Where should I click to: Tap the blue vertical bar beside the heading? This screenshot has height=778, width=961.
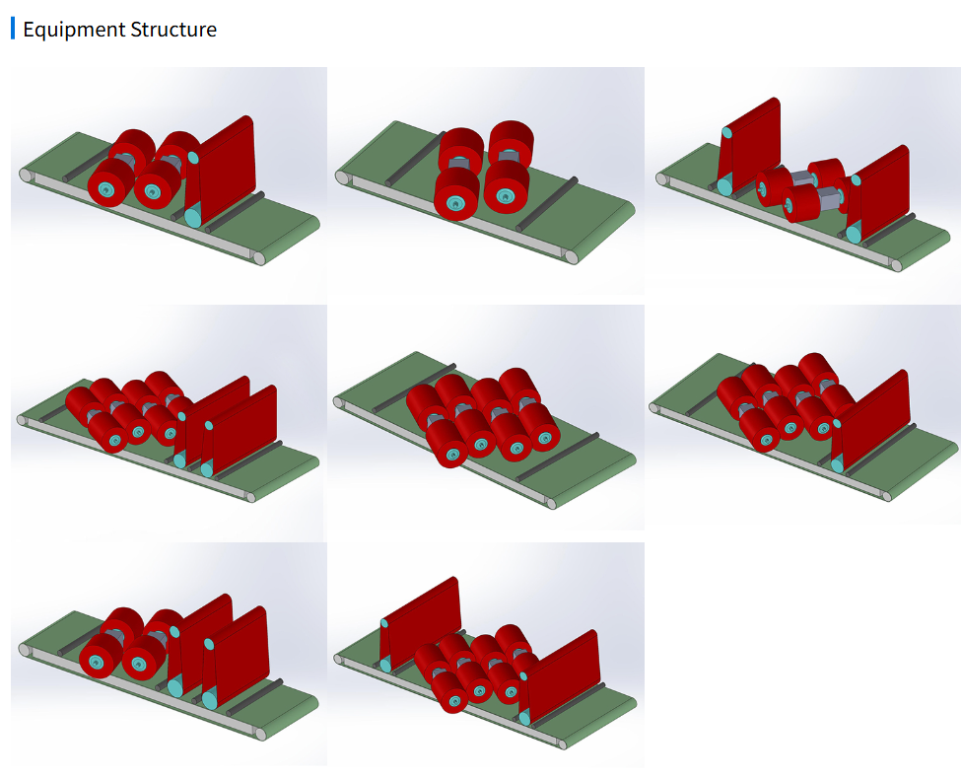(13, 29)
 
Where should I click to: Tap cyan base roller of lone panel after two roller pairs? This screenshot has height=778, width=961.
(192, 218)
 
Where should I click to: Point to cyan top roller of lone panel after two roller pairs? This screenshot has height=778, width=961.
(192, 158)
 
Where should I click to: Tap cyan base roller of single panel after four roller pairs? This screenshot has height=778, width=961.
(837, 465)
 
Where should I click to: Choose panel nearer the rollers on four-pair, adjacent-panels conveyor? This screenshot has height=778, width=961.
(212, 418)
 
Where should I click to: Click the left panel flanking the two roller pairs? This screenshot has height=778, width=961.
(749, 146)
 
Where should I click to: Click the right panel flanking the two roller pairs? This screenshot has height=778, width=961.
(877, 195)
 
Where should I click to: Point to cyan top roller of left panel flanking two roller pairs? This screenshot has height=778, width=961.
(726, 132)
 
